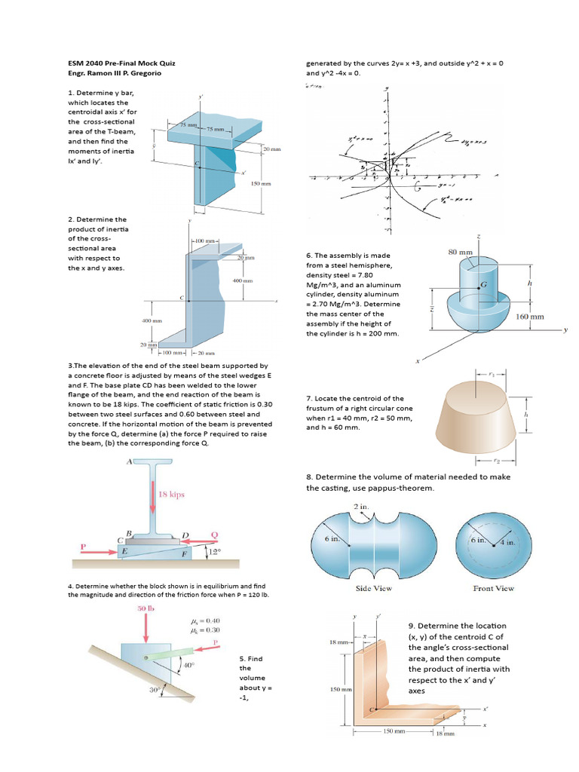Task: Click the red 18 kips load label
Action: click(171, 495)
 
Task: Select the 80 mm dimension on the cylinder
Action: click(461, 253)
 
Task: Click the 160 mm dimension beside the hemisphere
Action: click(529, 317)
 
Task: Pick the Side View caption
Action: click(373, 587)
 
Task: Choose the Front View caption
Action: click(493, 587)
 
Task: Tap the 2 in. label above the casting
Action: click(362, 506)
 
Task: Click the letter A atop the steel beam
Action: click(130, 461)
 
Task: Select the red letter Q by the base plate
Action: click(214, 535)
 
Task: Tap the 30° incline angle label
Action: click(154, 688)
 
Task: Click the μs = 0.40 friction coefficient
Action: click(206, 620)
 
